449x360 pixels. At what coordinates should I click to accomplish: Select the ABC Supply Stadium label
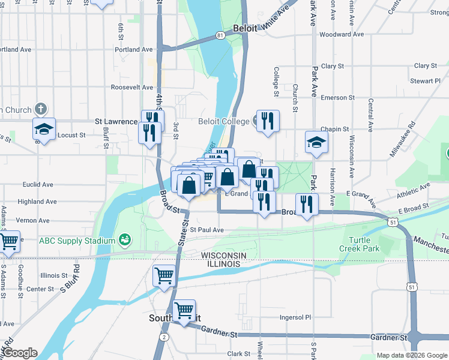tap(76, 241)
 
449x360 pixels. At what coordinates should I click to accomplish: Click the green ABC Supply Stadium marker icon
tap(125, 241)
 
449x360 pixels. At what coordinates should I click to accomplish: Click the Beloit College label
tap(223, 122)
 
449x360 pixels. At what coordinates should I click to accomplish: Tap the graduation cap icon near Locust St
tap(44, 128)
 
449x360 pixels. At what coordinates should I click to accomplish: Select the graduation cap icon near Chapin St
tap(317, 142)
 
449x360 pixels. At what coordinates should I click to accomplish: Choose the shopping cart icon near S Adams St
tap(9, 241)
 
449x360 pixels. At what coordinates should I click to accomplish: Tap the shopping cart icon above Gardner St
tap(184, 310)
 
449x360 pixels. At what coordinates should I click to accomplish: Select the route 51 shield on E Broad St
tap(392, 222)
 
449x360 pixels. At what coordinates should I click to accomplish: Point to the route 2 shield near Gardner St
tap(164, 337)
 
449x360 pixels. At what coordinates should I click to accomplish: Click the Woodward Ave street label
tap(342, 34)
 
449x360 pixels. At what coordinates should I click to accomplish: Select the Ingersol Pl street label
tap(295, 317)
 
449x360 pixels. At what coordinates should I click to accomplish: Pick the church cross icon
tap(40, 109)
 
